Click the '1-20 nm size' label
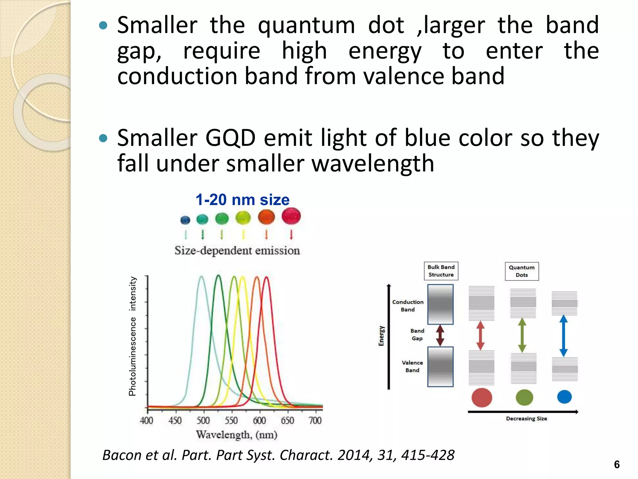pos(242,200)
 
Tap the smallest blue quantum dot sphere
pos(185,220)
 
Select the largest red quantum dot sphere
pos(291,216)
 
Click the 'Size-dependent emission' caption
pos(237,250)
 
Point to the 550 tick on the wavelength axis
pos(231,420)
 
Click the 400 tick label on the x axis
pos(146,420)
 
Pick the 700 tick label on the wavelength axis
pos(315,420)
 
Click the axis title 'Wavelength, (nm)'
pos(236,434)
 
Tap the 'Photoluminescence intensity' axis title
pos(132,336)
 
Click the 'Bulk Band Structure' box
pos(441,271)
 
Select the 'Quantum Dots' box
pos(521,271)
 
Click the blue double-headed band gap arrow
pos(563,336)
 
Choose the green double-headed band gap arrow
pos(522,335)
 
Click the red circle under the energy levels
pos(482,398)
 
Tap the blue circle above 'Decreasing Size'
pos(564,397)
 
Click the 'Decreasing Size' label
pos(526,419)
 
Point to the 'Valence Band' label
pos(412,366)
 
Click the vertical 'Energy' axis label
pos(381,336)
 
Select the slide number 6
pos(617,465)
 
